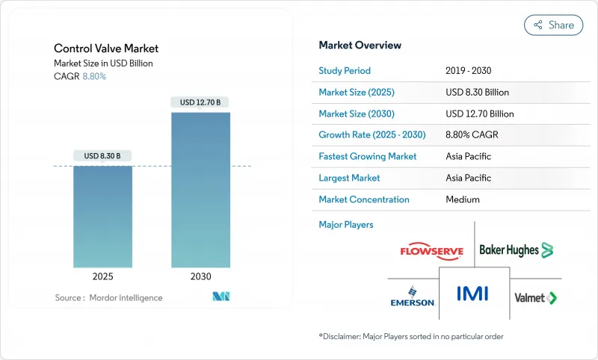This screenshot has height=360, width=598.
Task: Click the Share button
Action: [x=553, y=25]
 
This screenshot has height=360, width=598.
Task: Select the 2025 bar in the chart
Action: [x=102, y=217]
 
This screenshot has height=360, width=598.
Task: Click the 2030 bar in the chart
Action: [x=200, y=190]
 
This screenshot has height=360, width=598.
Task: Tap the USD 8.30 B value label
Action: [x=102, y=156]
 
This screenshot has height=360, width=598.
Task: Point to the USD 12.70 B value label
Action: [x=200, y=102]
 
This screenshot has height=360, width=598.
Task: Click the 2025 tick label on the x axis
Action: [x=102, y=276]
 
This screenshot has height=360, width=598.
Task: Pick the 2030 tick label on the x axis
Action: [x=200, y=276]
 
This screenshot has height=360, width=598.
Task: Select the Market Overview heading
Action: [x=360, y=46]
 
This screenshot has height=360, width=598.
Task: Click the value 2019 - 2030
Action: [x=467, y=71]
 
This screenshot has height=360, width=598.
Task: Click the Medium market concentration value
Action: [x=462, y=199]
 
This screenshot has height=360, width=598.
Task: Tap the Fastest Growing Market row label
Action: [x=368, y=157]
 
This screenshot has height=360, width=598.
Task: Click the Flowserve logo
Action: [x=432, y=251]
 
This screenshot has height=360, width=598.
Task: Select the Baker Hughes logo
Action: [x=516, y=249]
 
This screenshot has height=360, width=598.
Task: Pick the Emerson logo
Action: [x=411, y=297]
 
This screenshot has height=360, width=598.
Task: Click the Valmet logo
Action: [x=536, y=297]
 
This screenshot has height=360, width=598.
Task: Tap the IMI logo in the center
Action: [x=474, y=292]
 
